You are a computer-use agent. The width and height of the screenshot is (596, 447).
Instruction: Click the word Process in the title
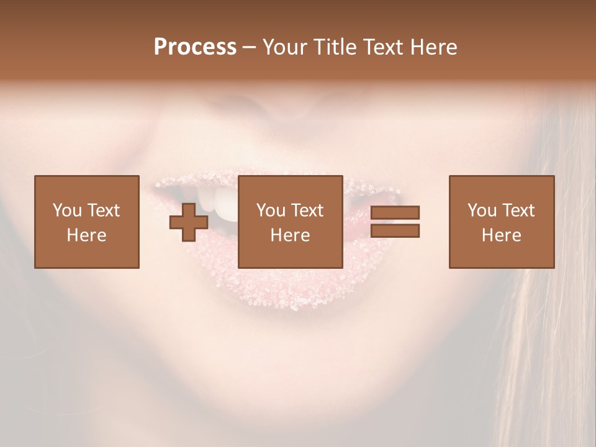[195, 47]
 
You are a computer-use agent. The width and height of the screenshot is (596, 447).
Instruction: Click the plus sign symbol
[189, 222]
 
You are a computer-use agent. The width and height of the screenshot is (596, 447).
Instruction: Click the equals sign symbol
[395, 222]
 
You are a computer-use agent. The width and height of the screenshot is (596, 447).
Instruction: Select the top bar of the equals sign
[395, 213]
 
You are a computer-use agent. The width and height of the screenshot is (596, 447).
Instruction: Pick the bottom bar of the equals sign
[395, 230]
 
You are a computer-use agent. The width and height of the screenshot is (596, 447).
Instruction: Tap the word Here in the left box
[86, 235]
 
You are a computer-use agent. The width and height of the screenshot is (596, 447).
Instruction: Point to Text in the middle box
[307, 210]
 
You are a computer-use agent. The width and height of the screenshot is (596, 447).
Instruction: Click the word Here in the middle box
[290, 235]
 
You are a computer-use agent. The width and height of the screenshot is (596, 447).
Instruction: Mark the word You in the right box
[482, 210]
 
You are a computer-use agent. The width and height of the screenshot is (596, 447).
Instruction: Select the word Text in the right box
[518, 210]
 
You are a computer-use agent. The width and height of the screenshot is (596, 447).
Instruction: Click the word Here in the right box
[502, 235]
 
